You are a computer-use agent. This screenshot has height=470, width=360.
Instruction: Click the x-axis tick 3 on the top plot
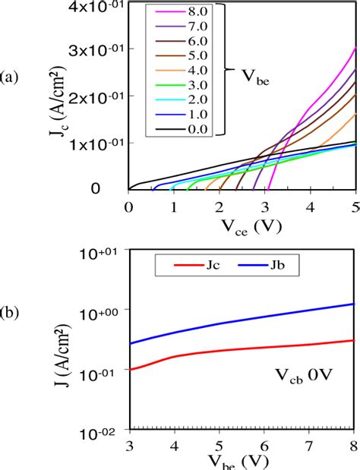tap(265, 206)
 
